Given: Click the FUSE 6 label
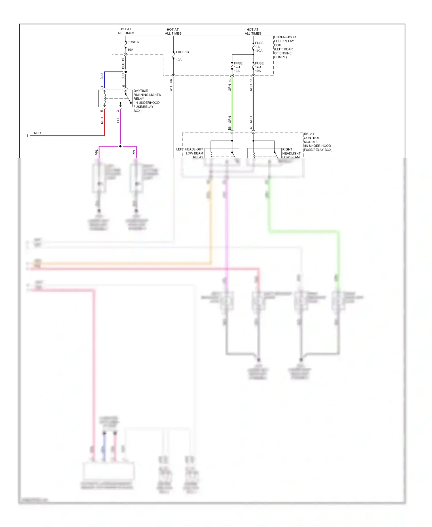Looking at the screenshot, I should [133, 42].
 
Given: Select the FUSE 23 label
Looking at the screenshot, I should [182, 52].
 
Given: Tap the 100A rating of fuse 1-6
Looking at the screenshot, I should [259, 51].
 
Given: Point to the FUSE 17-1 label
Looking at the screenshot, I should [238, 67].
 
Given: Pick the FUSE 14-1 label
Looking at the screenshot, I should [259, 67].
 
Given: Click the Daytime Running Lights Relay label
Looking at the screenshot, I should [147, 101].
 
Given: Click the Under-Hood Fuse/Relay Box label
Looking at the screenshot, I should [285, 47].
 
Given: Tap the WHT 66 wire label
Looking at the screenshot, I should [171, 85].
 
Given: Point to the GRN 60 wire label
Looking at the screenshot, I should [230, 85].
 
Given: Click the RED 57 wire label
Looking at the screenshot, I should [251, 85].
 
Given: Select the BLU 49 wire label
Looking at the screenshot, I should [123, 63].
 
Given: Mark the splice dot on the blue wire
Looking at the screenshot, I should [126, 72].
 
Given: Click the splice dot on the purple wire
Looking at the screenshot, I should [120, 146].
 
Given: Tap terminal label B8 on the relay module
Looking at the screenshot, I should [230, 128].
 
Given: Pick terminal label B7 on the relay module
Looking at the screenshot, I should [251, 128].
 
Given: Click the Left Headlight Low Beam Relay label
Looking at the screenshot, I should [190, 153].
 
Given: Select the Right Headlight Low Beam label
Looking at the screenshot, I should [291, 153].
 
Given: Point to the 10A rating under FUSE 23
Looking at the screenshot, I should [179, 60].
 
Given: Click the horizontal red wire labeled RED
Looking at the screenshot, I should [66, 135].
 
